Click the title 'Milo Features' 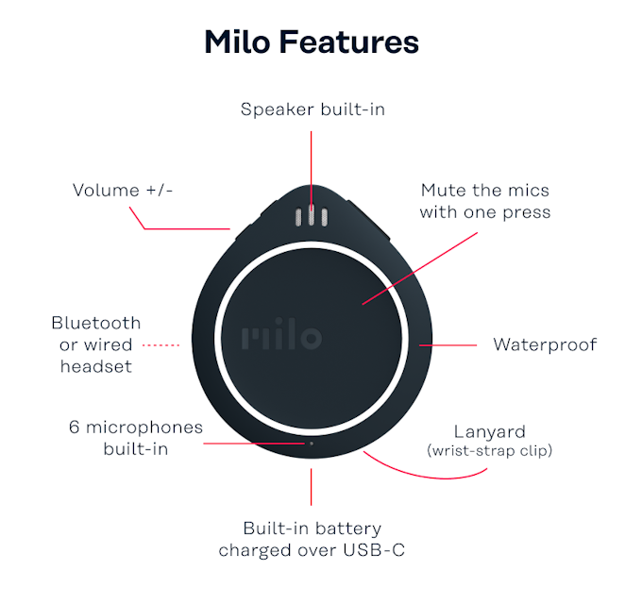312,42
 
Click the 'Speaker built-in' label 313,109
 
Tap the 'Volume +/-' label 124,191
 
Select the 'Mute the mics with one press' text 485,201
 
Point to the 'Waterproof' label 545,344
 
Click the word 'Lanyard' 490,431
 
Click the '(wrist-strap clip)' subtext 490,451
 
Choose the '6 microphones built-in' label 136,438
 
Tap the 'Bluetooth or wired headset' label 96,344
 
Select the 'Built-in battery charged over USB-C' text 312,539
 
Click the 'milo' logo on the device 281,338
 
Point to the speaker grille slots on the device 312,216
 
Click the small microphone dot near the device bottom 312,442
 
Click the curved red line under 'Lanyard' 425,469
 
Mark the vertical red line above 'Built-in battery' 312,486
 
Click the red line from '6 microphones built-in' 255,442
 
